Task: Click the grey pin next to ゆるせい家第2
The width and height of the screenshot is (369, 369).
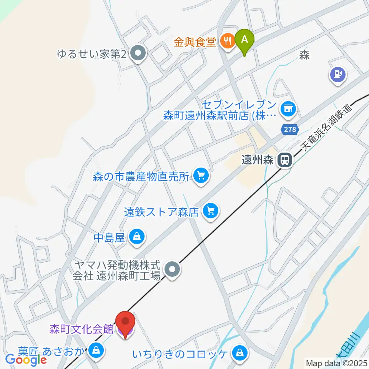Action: click(x=137, y=55)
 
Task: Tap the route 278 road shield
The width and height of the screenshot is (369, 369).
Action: click(x=290, y=130)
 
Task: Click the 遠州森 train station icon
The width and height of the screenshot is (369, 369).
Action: click(x=285, y=160)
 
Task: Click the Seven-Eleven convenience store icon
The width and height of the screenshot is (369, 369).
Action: click(x=288, y=109)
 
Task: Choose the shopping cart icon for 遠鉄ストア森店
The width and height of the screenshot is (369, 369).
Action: click(x=210, y=211)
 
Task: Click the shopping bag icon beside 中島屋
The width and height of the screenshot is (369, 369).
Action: click(x=137, y=237)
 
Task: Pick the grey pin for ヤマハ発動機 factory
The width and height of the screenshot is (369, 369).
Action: click(x=172, y=269)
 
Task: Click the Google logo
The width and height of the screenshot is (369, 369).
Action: click(x=26, y=360)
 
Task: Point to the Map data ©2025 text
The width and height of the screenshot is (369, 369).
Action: click(x=337, y=363)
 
